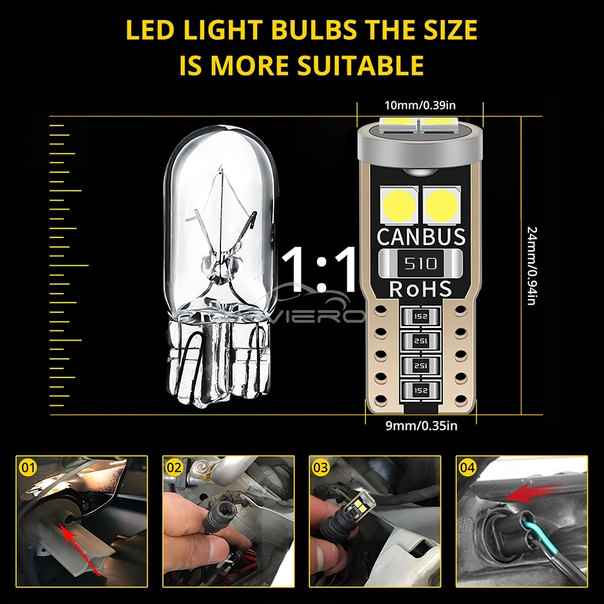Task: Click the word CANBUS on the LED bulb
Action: pyautogui.click(x=421, y=236)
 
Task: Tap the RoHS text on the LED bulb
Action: pyautogui.click(x=421, y=289)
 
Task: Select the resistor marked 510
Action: pyautogui.click(x=421, y=263)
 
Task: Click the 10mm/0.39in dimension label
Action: pyautogui.click(x=420, y=106)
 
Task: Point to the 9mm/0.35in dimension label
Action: pyautogui.click(x=422, y=426)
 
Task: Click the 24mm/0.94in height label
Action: pyautogui.click(x=532, y=266)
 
